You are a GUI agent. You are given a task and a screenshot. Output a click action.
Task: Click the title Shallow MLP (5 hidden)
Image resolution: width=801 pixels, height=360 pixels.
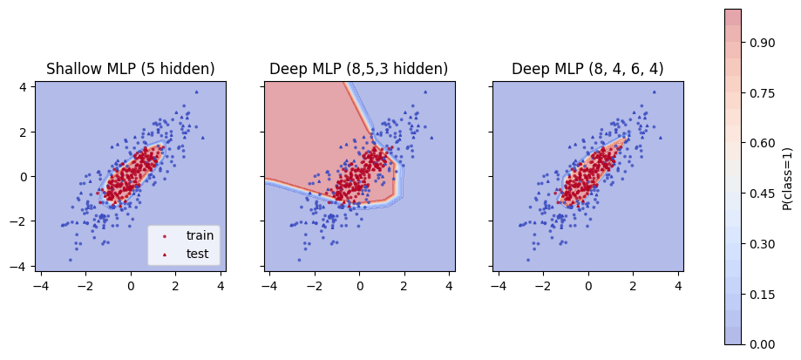[x=131, y=69]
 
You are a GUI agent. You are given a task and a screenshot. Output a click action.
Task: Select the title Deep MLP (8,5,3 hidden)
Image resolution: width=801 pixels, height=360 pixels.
[x=359, y=69]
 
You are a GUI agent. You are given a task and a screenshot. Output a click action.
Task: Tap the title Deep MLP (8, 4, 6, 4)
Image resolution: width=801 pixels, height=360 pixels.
[x=587, y=69]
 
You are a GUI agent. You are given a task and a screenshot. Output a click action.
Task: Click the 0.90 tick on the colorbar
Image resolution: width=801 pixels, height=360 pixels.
[x=761, y=42]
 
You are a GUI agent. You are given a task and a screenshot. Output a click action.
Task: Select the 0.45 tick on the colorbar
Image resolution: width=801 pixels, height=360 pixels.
[x=761, y=193]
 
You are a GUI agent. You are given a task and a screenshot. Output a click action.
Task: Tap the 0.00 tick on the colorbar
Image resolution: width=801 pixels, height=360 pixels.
[x=761, y=343]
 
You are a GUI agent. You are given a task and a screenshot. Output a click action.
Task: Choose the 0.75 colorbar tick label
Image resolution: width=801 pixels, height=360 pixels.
[x=761, y=92]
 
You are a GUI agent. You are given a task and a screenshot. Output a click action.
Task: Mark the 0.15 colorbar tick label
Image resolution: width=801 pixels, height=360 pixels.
[x=761, y=294]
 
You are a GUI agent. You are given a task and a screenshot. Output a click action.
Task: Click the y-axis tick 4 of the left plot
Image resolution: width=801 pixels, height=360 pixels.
[x=25, y=86]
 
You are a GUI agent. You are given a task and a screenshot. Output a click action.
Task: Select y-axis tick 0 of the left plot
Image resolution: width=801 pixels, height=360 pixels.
[x=25, y=176]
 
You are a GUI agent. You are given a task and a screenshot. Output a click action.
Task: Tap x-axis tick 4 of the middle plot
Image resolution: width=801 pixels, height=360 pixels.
[x=450, y=285]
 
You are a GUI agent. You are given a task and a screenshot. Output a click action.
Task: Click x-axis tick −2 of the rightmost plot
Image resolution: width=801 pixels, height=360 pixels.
[x=540, y=285]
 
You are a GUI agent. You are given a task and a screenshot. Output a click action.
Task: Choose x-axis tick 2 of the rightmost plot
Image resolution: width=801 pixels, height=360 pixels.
[x=633, y=285]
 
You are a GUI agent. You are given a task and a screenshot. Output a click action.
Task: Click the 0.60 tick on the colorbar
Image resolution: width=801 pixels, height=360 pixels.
[x=761, y=143]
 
